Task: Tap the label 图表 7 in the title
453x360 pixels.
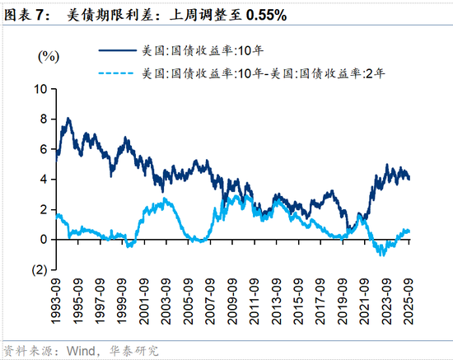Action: point(26,15)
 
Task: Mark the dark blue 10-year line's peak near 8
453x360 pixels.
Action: point(67,119)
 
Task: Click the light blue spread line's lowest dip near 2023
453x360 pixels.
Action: point(382,255)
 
